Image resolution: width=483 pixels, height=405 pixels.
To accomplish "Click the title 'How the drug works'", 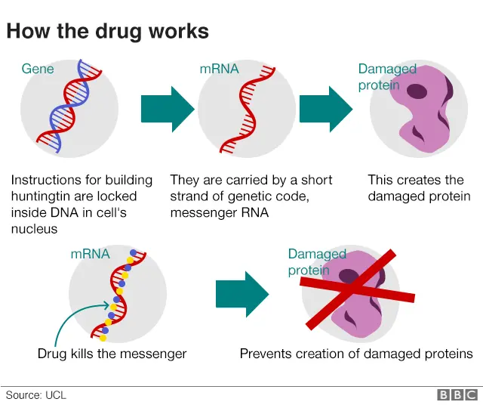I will [x=107, y=31].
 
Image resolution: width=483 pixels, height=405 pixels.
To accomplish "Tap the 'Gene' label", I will [x=38, y=69].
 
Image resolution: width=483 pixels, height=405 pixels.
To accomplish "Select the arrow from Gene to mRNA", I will [x=168, y=110].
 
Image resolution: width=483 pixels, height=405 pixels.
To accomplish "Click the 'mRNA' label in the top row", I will [x=219, y=69].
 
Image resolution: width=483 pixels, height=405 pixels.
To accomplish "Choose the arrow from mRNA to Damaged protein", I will [x=325, y=110].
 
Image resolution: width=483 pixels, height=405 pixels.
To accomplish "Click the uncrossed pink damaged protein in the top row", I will [x=419, y=113].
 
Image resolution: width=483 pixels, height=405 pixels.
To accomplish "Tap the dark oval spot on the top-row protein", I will [x=417, y=91].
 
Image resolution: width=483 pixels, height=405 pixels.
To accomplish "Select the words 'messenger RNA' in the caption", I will [x=220, y=213].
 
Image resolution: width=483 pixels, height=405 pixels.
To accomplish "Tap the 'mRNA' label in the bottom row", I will [x=90, y=254].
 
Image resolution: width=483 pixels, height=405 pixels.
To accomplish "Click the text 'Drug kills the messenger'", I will [x=112, y=354].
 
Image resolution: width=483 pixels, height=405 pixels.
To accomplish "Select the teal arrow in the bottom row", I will [x=241, y=294].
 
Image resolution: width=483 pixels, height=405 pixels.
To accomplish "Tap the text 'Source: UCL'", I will [x=35, y=394].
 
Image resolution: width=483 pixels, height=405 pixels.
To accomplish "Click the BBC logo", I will [x=457, y=394].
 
